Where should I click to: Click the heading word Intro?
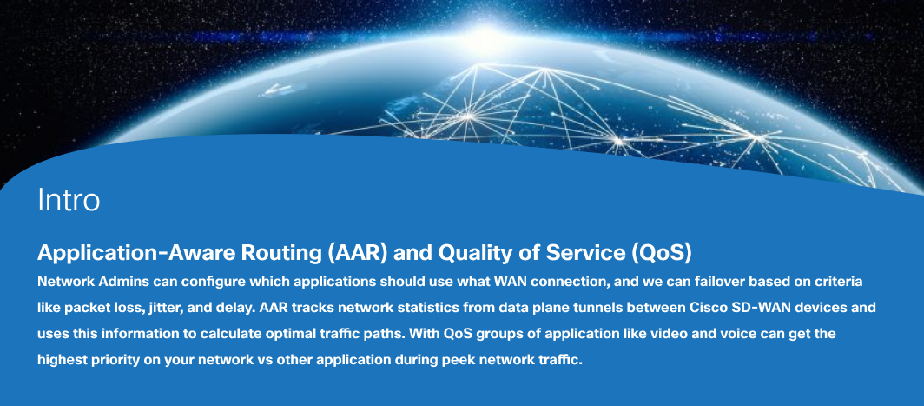tap(69, 200)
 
